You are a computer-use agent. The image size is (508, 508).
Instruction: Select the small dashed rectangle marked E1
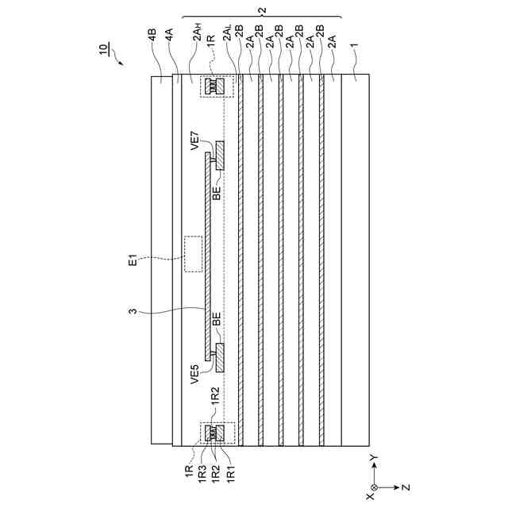coord(193,254)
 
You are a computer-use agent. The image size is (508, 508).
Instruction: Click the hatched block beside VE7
coord(220,156)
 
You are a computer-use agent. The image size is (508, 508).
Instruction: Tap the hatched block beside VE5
coord(220,357)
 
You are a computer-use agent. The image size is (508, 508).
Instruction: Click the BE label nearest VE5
coord(217,320)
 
